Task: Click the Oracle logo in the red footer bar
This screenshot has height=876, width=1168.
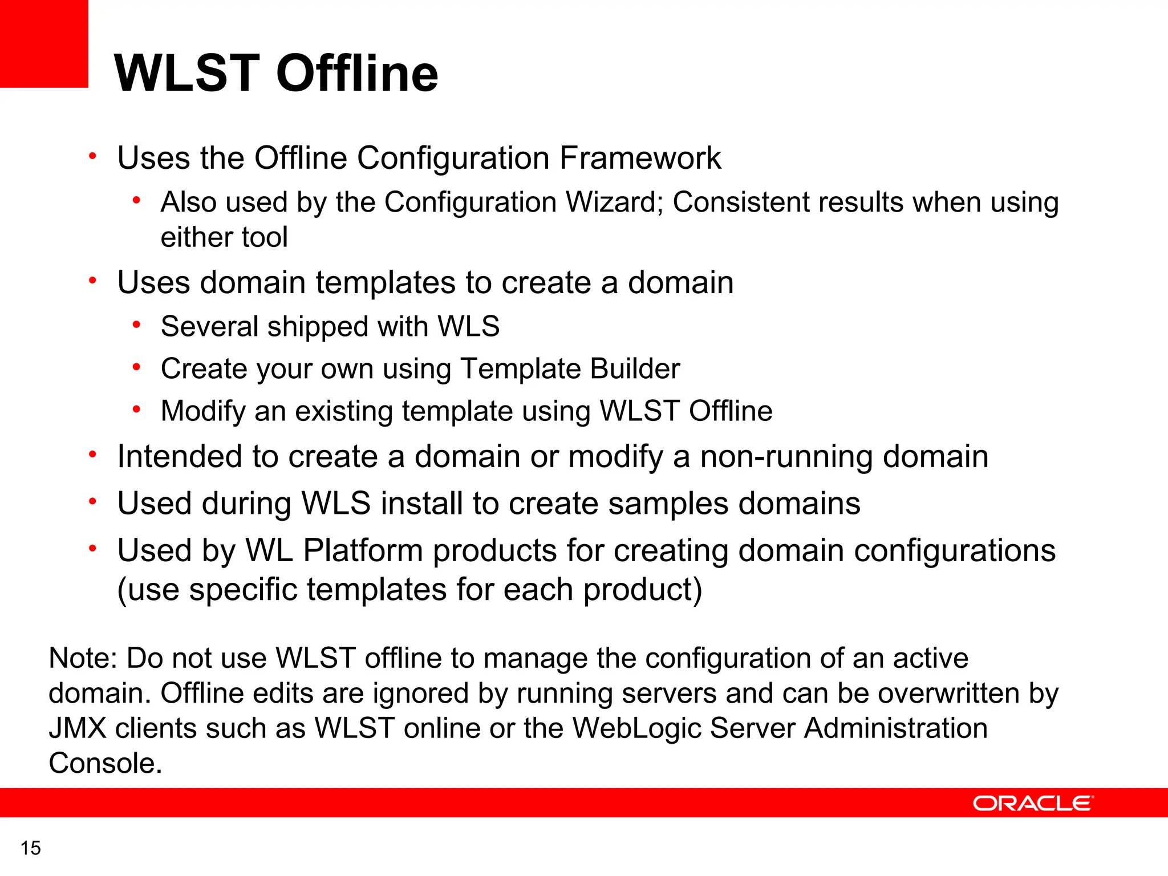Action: (1033, 803)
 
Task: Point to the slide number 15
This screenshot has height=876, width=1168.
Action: (31, 848)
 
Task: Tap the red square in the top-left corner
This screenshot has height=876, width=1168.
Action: (44, 43)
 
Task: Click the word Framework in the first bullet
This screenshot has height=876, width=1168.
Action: (640, 158)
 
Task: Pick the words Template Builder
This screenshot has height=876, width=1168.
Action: (570, 369)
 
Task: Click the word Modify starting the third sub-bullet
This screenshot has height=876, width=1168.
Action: (202, 411)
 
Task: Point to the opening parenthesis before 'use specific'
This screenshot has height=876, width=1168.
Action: (122, 590)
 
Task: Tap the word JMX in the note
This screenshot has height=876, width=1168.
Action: (78, 728)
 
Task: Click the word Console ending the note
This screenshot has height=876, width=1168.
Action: (104, 763)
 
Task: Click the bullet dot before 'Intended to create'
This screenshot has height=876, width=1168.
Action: (92, 455)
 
